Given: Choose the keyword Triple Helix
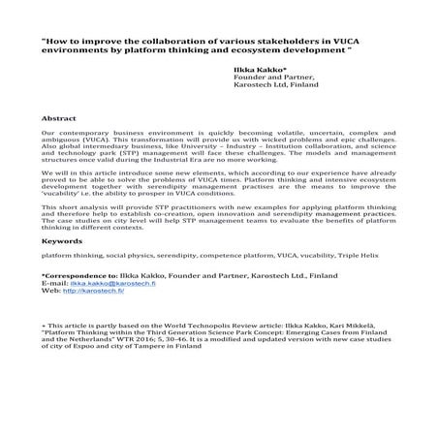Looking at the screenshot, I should pos(359,256).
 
